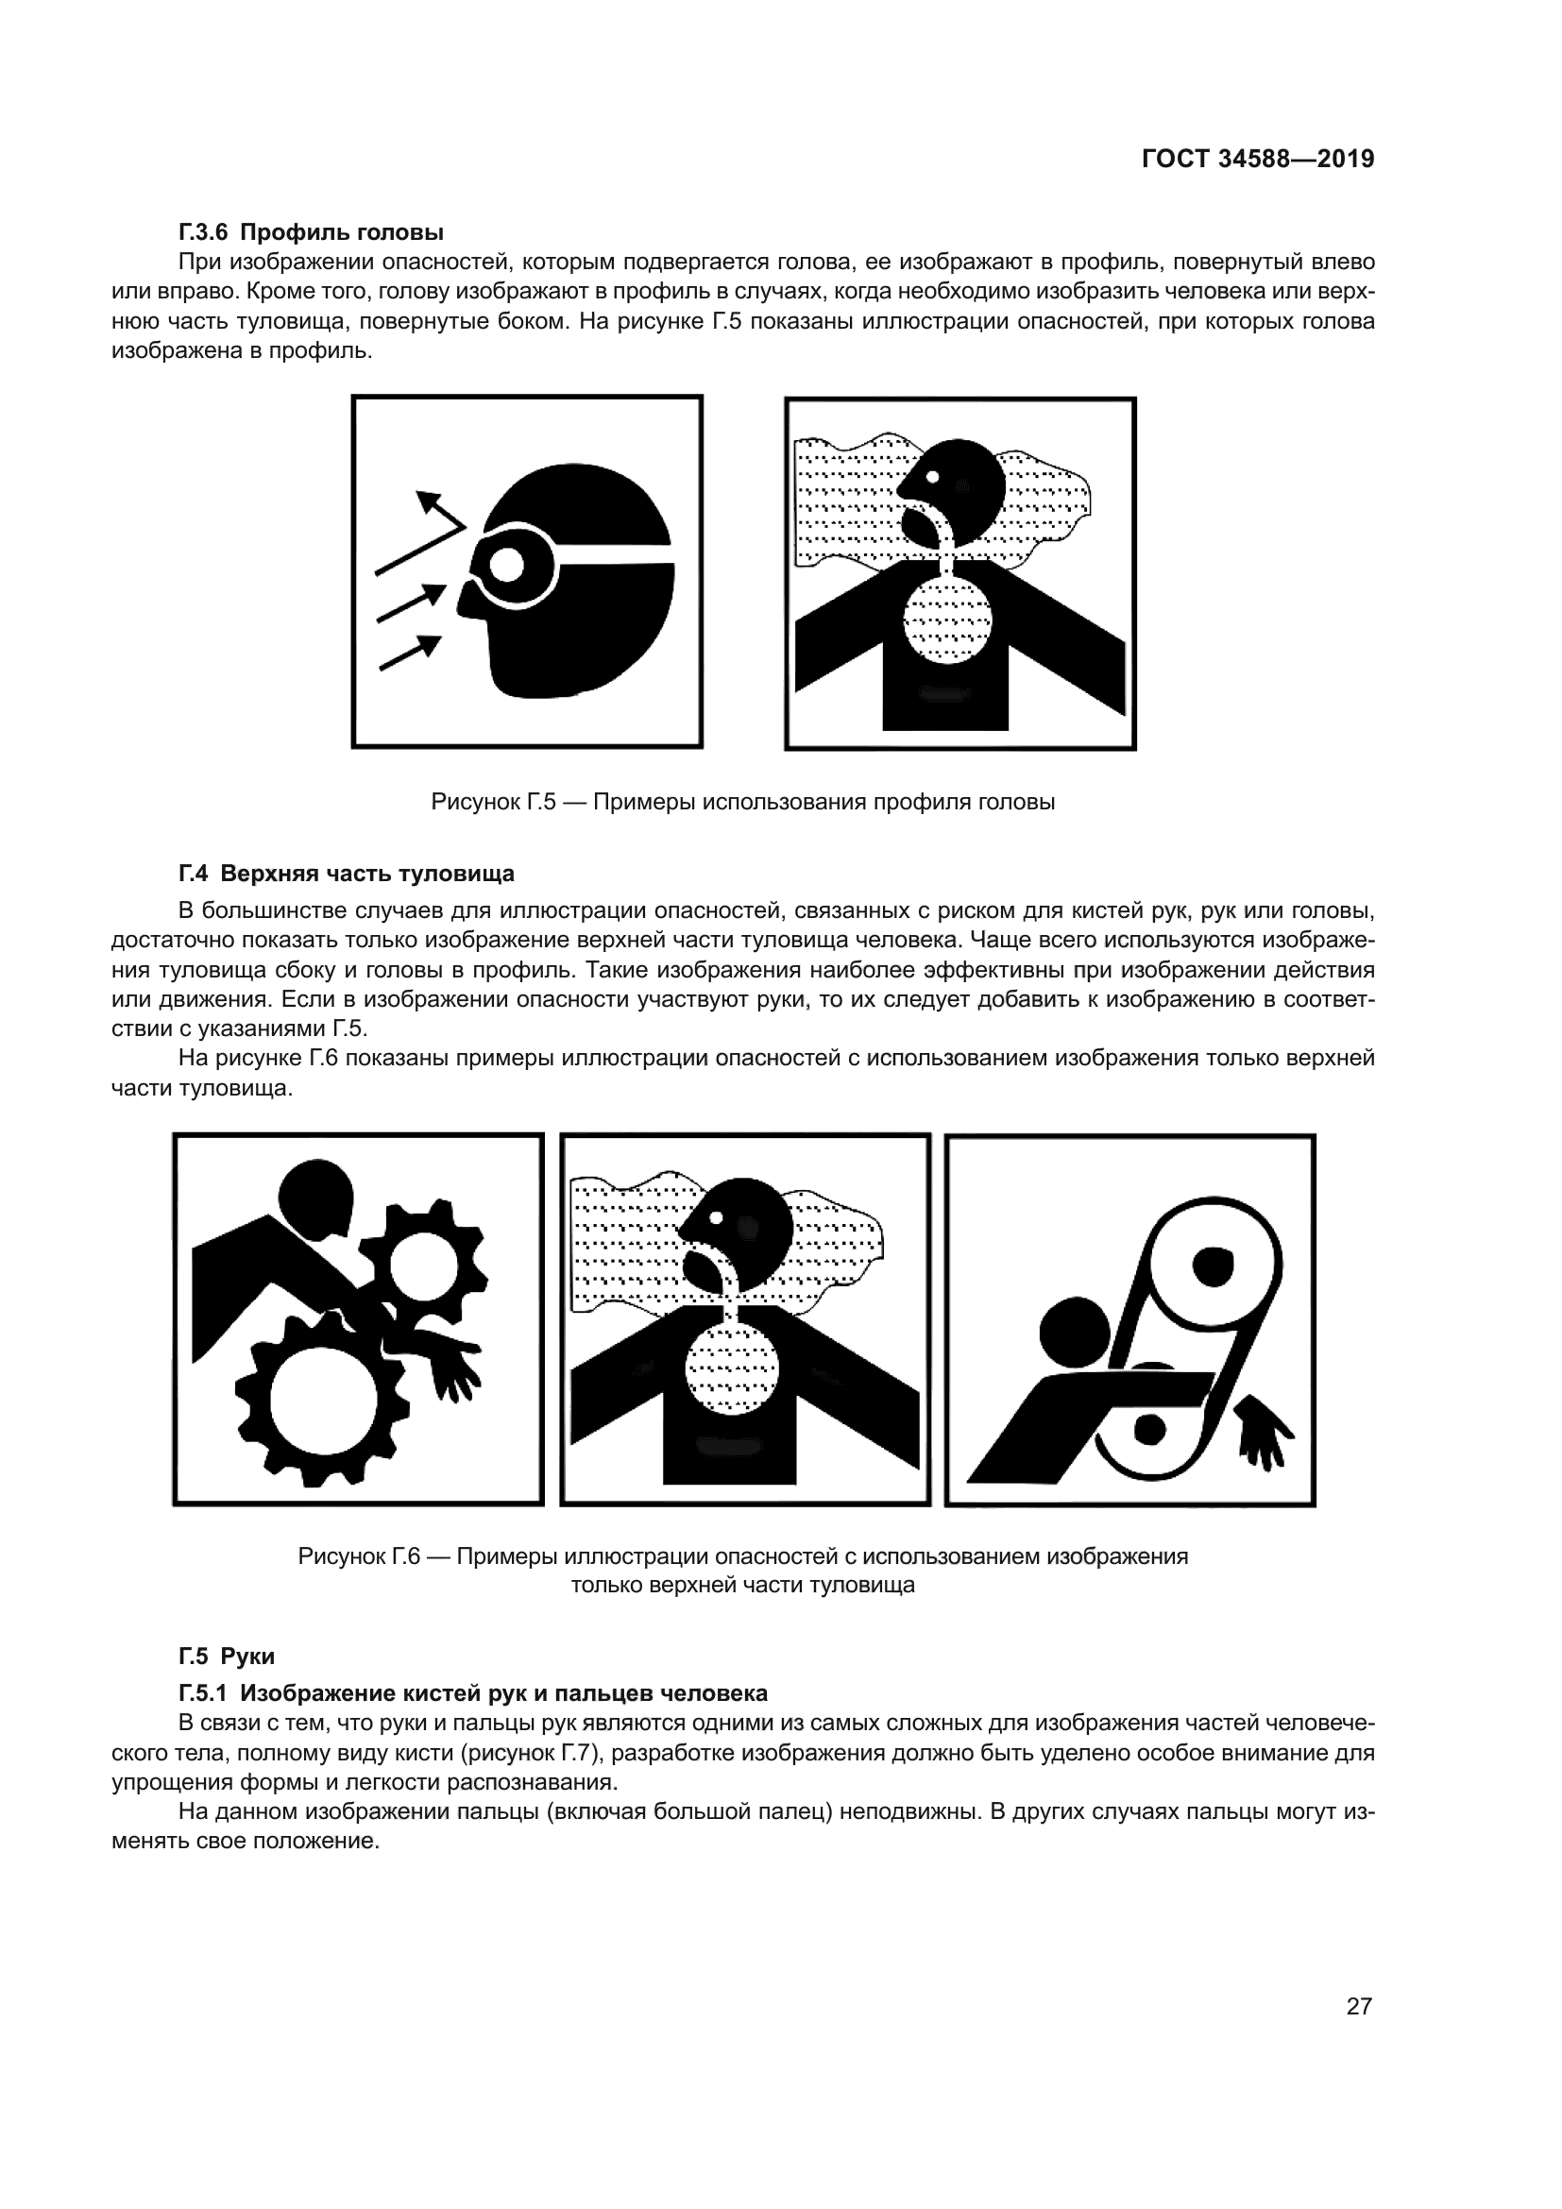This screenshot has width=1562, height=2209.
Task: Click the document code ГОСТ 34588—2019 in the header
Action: pyautogui.click(x=1257, y=159)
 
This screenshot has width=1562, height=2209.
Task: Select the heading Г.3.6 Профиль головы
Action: pyautogui.click(x=311, y=232)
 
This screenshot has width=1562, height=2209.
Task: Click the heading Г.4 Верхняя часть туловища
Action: pyautogui.click(x=347, y=873)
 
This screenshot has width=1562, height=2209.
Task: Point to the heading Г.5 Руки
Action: pyautogui.click(x=227, y=1656)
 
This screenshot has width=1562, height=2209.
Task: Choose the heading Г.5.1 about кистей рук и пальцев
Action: pyautogui.click(x=472, y=1692)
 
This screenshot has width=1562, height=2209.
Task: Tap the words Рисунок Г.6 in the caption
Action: pyautogui.click(x=360, y=1555)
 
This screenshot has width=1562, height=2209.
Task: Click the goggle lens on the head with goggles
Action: pyautogui.click(x=505, y=564)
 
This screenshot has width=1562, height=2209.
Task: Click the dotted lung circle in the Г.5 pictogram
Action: pyautogui.click(x=947, y=618)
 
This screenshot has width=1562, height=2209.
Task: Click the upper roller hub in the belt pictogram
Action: pyautogui.click(x=1212, y=1266)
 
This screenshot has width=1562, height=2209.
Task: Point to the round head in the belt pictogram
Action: pyautogui.click(x=1075, y=1333)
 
